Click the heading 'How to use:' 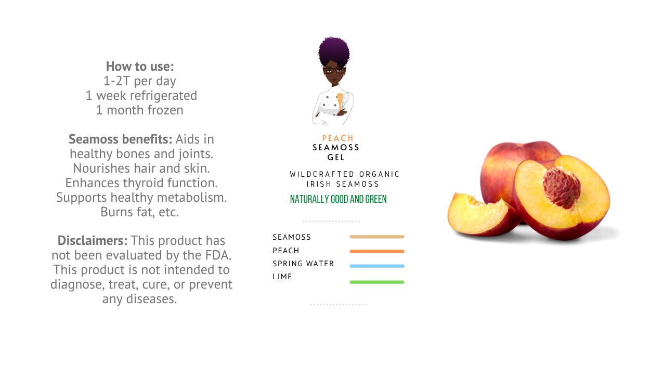140,66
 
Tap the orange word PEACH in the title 337,138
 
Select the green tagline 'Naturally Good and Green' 339,199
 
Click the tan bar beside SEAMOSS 377,237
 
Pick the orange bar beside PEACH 377,251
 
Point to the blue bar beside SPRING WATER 377,266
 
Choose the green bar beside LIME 377,282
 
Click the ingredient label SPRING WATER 303,263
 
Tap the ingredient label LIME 282,276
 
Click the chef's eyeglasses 334,70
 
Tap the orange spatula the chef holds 340,100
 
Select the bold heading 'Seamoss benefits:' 121,139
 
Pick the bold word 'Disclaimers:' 93,241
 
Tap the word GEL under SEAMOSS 336,158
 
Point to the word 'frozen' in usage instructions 165,110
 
